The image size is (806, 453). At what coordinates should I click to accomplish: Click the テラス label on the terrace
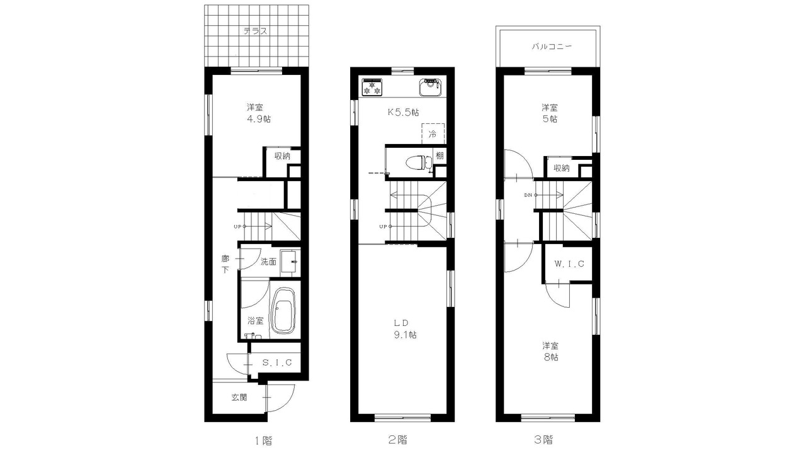coord(256,31)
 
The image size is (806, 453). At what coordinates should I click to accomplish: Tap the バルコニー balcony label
coord(552,47)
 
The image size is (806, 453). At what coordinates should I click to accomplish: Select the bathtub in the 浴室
coord(283,311)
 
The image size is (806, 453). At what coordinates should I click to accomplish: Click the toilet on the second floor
coord(419,162)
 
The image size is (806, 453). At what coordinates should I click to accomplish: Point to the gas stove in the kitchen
coord(372,87)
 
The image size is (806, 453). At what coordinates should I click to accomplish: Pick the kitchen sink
coord(430,87)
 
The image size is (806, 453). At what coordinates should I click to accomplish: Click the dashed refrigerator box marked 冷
coord(433,134)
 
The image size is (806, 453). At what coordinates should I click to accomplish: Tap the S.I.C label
coord(277,363)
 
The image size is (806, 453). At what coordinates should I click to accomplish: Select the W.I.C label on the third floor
coord(569,264)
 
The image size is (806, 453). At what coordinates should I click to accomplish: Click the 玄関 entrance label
coord(239,397)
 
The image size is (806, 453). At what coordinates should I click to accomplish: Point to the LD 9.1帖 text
coord(405,329)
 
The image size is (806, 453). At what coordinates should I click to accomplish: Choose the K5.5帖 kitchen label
coord(403,112)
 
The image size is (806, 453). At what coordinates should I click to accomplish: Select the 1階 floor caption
coord(263,440)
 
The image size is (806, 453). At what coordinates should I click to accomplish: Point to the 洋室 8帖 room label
coord(550,352)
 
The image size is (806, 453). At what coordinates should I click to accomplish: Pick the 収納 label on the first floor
coord(283,156)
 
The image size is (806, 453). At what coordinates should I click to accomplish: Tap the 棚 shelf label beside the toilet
coord(440,155)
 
